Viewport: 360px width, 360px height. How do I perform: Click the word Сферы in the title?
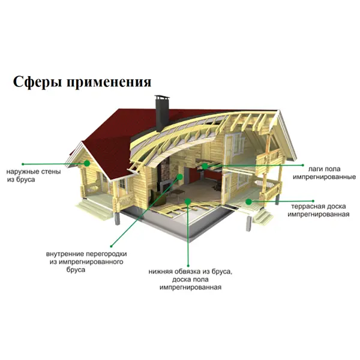(37, 82)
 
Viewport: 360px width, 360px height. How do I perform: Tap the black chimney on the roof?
(163, 113)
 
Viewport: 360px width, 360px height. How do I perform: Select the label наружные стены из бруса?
(34, 176)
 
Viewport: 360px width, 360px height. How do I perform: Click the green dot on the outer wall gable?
(87, 163)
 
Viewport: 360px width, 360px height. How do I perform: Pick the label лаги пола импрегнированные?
(324, 173)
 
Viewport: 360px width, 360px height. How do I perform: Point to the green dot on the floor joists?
(205, 166)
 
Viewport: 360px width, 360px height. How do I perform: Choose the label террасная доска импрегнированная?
(319, 211)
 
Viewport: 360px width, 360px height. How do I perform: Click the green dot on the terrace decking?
(248, 202)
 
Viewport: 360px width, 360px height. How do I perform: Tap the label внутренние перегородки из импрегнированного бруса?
(86, 262)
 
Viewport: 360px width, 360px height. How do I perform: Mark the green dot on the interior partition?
(180, 177)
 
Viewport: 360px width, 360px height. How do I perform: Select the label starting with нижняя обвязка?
(190, 280)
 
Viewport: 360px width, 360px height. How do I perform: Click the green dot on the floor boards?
(188, 202)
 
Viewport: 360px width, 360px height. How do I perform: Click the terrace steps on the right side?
(262, 217)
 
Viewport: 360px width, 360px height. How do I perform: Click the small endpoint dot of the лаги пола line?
(303, 165)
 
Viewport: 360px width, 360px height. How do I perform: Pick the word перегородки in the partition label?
(106, 254)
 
